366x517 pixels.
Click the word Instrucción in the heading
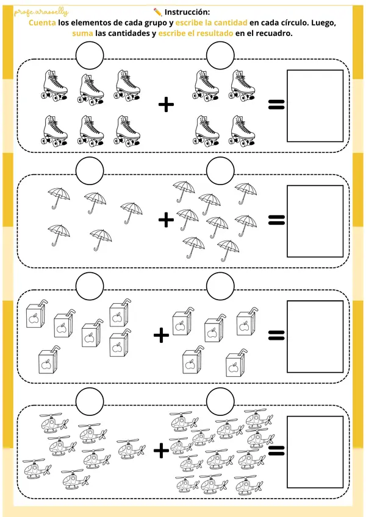point(187,12)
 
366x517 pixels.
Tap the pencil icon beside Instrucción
point(158,12)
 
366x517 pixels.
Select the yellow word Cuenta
point(42,23)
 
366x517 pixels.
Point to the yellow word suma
point(82,33)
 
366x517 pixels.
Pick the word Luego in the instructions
point(323,23)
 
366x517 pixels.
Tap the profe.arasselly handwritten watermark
point(41,13)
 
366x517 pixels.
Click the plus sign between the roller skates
point(166,105)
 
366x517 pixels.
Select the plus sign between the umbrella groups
point(166,220)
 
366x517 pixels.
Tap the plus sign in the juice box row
point(161,336)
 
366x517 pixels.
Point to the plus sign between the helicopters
point(161,451)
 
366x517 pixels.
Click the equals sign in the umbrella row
point(276,220)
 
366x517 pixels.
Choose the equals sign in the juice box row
point(276,336)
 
